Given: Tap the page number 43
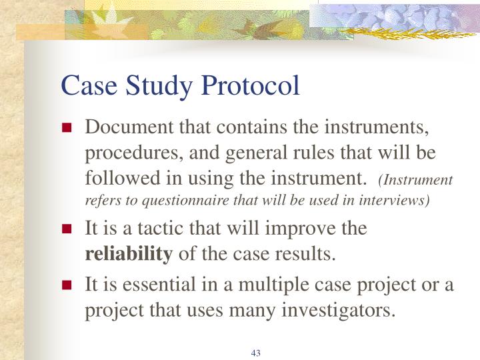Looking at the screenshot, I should click(255, 353).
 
